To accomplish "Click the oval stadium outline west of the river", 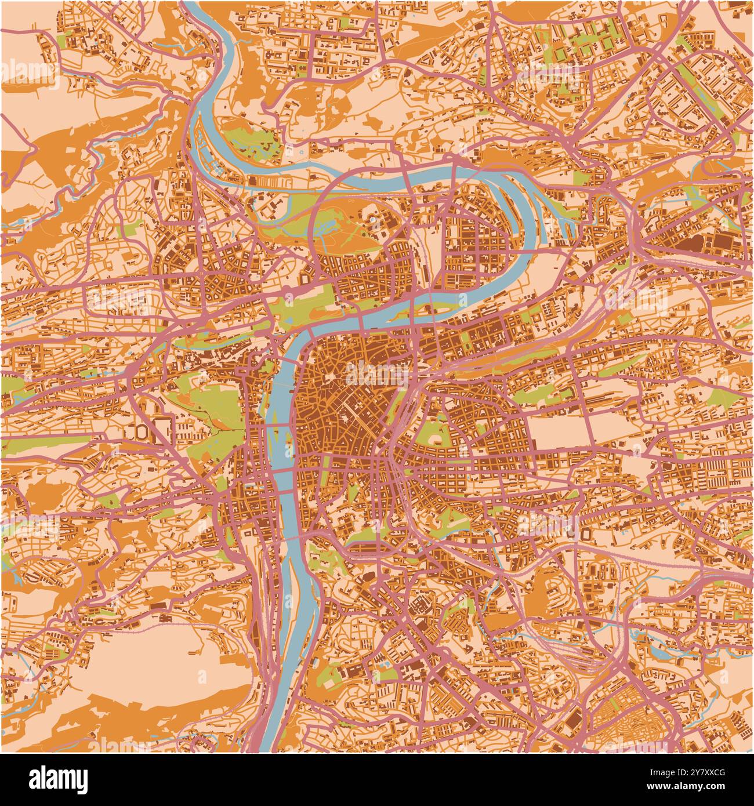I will (x=143, y=432).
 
